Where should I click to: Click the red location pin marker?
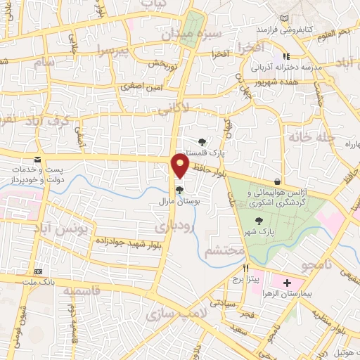[181, 166]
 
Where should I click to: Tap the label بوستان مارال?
[180, 201]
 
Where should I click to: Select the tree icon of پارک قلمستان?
[202, 142]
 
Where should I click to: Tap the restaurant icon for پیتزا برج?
[246, 268]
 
